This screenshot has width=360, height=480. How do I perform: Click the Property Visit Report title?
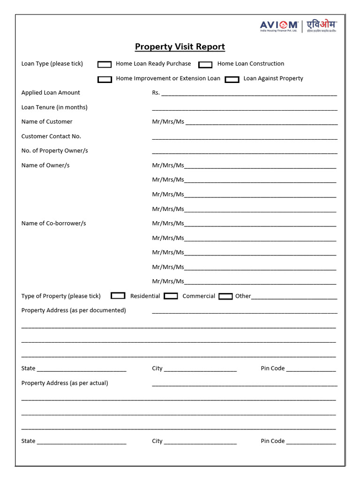click(180, 47)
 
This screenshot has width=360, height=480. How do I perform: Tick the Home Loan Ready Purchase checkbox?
click(105, 64)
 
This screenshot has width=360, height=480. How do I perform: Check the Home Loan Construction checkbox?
click(205, 64)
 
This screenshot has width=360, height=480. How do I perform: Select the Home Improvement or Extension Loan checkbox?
click(105, 79)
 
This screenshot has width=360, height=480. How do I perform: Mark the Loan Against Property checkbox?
click(232, 79)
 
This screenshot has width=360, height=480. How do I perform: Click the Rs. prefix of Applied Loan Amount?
click(156, 93)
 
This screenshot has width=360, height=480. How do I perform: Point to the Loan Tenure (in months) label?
click(54, 107)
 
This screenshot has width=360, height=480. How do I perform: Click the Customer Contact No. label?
click(51, 136)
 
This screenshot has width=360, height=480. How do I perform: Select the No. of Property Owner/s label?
click(55, 151)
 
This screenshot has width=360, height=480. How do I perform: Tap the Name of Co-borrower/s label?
click(54, 224)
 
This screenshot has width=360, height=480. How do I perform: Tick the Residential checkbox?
click(118, 296)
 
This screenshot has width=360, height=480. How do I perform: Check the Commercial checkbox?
click(171, 296)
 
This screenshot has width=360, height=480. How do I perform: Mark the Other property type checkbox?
click(225, 296)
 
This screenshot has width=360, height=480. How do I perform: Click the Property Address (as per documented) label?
click(74, 310)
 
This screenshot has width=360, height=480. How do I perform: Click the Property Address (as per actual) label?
click(65, 383)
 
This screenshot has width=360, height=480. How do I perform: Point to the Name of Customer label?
click(47, 122)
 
